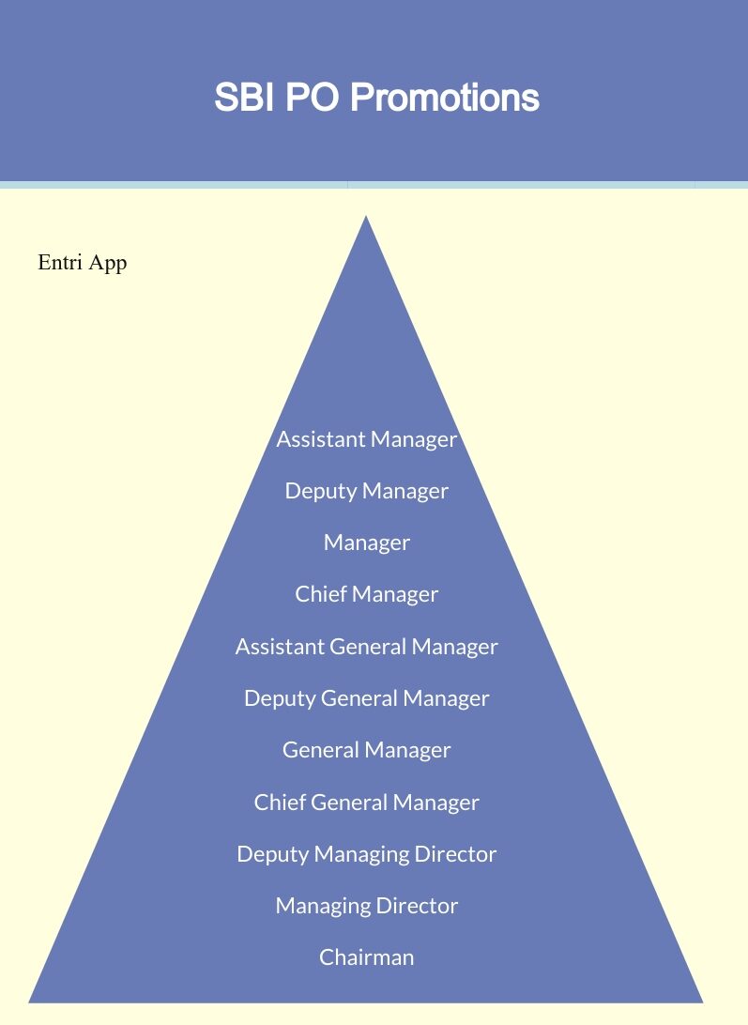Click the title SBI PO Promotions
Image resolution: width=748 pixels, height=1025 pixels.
point(376,97)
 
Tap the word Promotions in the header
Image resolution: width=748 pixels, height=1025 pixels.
point(445,97)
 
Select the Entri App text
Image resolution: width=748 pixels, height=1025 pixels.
point(83,263)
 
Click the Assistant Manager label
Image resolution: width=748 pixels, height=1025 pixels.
point(366,439)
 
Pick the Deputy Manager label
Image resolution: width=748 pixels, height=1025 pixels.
point(366,492)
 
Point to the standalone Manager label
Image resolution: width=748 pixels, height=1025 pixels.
point(366,543)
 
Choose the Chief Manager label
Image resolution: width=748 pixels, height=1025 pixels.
point(366,594)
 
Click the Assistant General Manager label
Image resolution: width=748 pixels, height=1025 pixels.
point(366,647)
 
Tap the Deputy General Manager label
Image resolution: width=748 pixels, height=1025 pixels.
point(366,698)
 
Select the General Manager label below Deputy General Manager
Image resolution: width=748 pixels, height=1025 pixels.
point(366,750)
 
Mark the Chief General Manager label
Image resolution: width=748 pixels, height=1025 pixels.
point(366,803)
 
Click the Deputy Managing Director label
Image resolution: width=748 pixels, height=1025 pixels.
point(366,854)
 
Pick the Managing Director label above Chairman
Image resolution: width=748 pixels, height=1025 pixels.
point(366,906)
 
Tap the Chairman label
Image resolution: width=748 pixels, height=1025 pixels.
point(366,957)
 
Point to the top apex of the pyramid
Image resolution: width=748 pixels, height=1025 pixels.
point(366,216)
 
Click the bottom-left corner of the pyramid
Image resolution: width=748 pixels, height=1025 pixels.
point(29,1002)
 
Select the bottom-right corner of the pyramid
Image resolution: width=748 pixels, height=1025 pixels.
point(703,1002)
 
